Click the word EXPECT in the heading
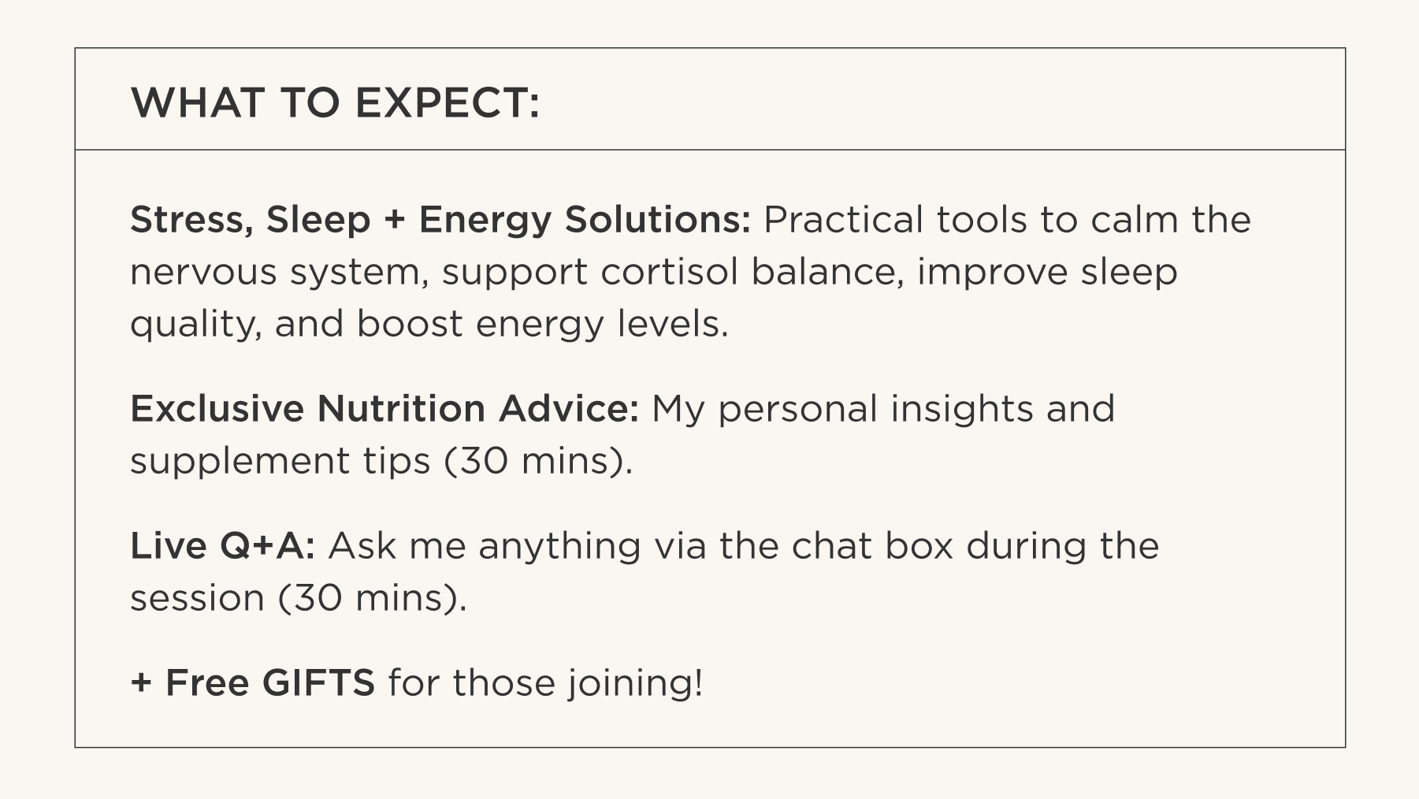(x=448, y=102)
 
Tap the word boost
(x=410, y=324)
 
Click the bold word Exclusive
(x=217, y=408)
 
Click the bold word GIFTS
(x=318, y=682)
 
